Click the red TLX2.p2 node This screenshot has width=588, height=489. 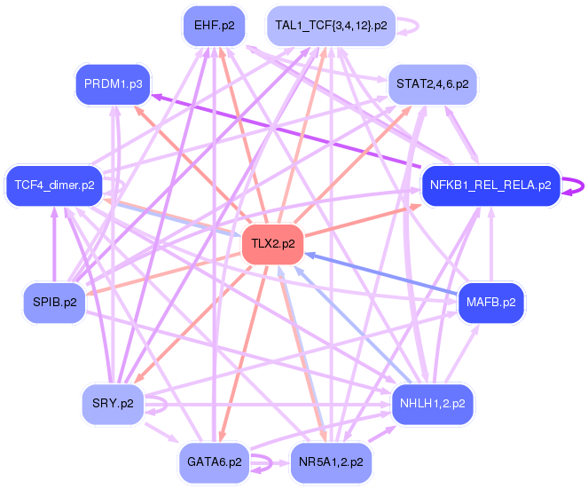pyautogui.click(x=272, y=243)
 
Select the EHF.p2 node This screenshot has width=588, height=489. pyautogui.click(x=214, y=25)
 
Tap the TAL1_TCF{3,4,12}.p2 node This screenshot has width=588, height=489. pyautogui.click(x=331, y=26)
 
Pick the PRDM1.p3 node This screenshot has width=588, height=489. pyautogui.click(x=112, y=84)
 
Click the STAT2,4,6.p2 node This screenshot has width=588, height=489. pyautogui.click(x=433, y=84)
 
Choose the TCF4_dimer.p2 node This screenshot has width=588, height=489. pyautogui.click(x=54, y=185)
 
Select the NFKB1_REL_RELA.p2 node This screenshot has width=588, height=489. pyautogui.click(x=490, y=185)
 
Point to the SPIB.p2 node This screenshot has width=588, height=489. pyautogui.click(x=55, y=303)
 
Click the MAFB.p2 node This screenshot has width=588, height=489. pyautogui.click(x=490, y=303)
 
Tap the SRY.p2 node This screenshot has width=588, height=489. pyautogui.click(x=112, y=404)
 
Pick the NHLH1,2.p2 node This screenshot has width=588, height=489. pyautogui.click(x=434, y=404)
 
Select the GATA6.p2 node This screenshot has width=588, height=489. pyautogui.click(x=214, y=462)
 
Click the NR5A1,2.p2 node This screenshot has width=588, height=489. pyautogui.click(x=330, y=462)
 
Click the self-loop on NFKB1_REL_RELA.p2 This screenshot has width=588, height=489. pyautogui.click(x=577, y=186)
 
